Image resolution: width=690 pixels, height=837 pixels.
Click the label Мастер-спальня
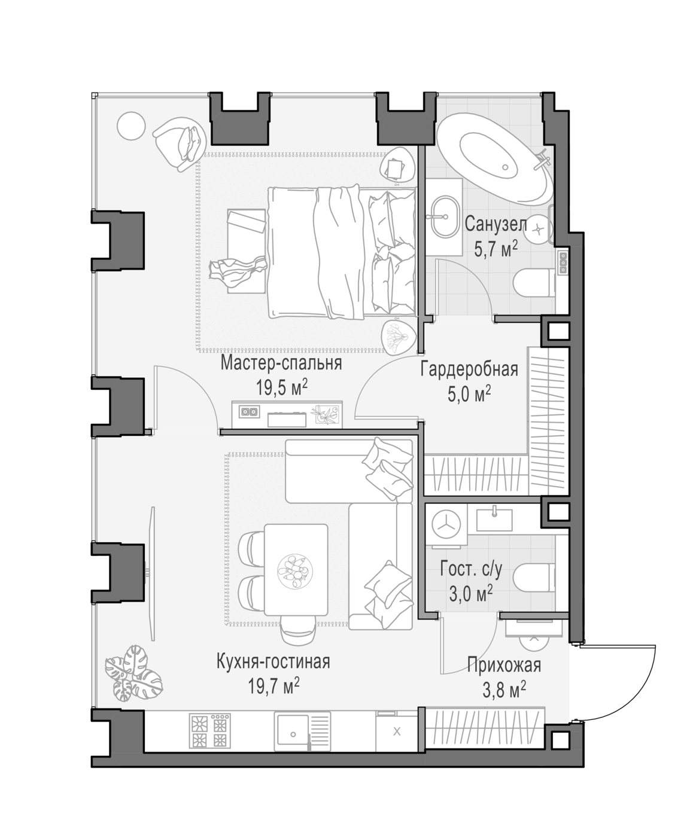281,363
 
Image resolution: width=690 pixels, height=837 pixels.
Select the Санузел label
496,224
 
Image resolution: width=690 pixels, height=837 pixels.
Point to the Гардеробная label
469,369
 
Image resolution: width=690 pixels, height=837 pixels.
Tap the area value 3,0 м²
471,594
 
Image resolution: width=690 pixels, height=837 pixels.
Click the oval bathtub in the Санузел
494,159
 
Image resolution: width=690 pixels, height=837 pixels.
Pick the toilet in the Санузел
534,283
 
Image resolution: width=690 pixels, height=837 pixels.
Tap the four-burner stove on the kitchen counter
209,731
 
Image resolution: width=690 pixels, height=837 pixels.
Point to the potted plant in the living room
133,674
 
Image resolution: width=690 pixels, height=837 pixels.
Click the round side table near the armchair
131,126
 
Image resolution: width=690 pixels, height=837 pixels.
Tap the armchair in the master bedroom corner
180,144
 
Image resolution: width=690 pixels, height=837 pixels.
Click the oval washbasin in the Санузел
445,218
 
